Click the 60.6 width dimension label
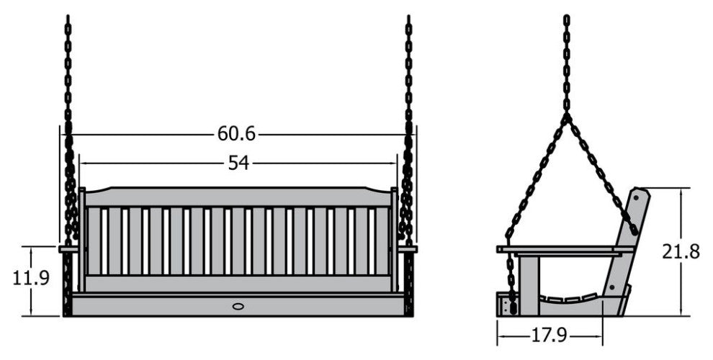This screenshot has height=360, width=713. pos(236,134)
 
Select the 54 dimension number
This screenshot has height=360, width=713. pos(238,163)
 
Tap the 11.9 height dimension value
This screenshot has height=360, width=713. pos(30,278)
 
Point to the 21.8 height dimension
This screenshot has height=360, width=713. pos(681,251)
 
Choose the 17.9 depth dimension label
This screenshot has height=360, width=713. pos(550,336)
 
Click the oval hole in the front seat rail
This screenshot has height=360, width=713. pos(238,307)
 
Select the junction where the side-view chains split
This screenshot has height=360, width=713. pos(567,117)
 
